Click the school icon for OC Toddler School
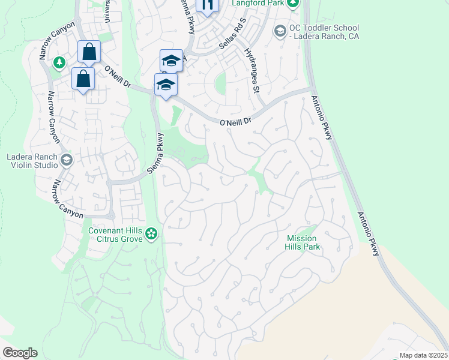coord(280,30)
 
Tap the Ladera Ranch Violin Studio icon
coord(67,160)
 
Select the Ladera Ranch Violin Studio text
coord(31,161)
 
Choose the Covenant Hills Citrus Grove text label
coord(116,234)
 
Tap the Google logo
coord(20,353)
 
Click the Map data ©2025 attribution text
coord(423,355)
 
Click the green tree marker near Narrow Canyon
coord(59,62)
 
